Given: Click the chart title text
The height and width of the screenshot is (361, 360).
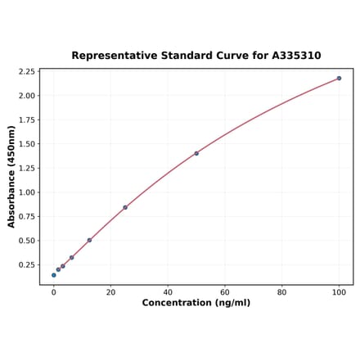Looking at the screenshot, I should click(x=196, y=56).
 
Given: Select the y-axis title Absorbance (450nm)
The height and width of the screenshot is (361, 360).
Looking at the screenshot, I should click(x=11, y=176).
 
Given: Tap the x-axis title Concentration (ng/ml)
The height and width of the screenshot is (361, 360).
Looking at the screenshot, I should click(x=196, y=303).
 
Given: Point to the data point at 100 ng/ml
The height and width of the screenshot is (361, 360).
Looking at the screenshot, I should click(x=339, y=79).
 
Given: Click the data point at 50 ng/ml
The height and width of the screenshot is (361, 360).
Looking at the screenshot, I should click(x=196, y=153).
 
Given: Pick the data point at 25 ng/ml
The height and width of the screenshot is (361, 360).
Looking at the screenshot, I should click(x=125, y=207).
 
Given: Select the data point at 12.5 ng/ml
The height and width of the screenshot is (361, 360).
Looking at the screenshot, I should click(x=89, y=241).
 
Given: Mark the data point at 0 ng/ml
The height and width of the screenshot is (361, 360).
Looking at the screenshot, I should click(x=54, y=275).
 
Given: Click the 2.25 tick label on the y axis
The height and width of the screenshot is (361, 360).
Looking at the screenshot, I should click(x=26, y=71).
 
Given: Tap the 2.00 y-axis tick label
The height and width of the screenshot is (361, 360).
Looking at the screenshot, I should click(x=26, y=96).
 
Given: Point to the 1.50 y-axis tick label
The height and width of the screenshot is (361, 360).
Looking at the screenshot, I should click(x=26, y=144).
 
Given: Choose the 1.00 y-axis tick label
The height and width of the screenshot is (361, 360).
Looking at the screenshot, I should click(x=26, y=192).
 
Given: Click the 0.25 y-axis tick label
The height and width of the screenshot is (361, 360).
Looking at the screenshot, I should click(x=26, y=265).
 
